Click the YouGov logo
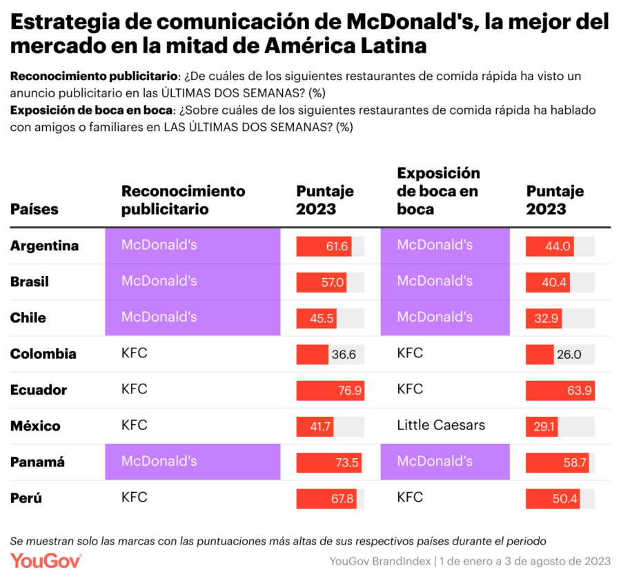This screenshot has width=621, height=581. click(x=46, y=560)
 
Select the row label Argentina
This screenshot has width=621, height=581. click(x=44, y=246)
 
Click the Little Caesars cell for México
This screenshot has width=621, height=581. click(x=440, y=425)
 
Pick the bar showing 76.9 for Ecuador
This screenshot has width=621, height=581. click(x=330, y=390)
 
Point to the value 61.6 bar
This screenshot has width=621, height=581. click(x=324, y=246)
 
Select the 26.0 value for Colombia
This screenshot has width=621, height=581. click(x=569, y=354)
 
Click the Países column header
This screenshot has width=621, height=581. click(x=34, y=208)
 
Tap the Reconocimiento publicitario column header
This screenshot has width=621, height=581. click(x=183, y=199)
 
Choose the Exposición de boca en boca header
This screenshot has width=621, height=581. click(x=438, y=190)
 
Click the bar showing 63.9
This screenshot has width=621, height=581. click(x=560, y=390)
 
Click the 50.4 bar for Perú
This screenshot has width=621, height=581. click(x=552, y=498)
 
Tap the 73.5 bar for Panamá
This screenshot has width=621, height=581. click(x=328, y=462)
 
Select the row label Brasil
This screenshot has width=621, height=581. click(x=30, y=282)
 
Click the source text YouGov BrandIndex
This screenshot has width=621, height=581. click(x=379, y=561)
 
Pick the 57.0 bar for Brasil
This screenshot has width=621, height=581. click(x=322, y=282)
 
